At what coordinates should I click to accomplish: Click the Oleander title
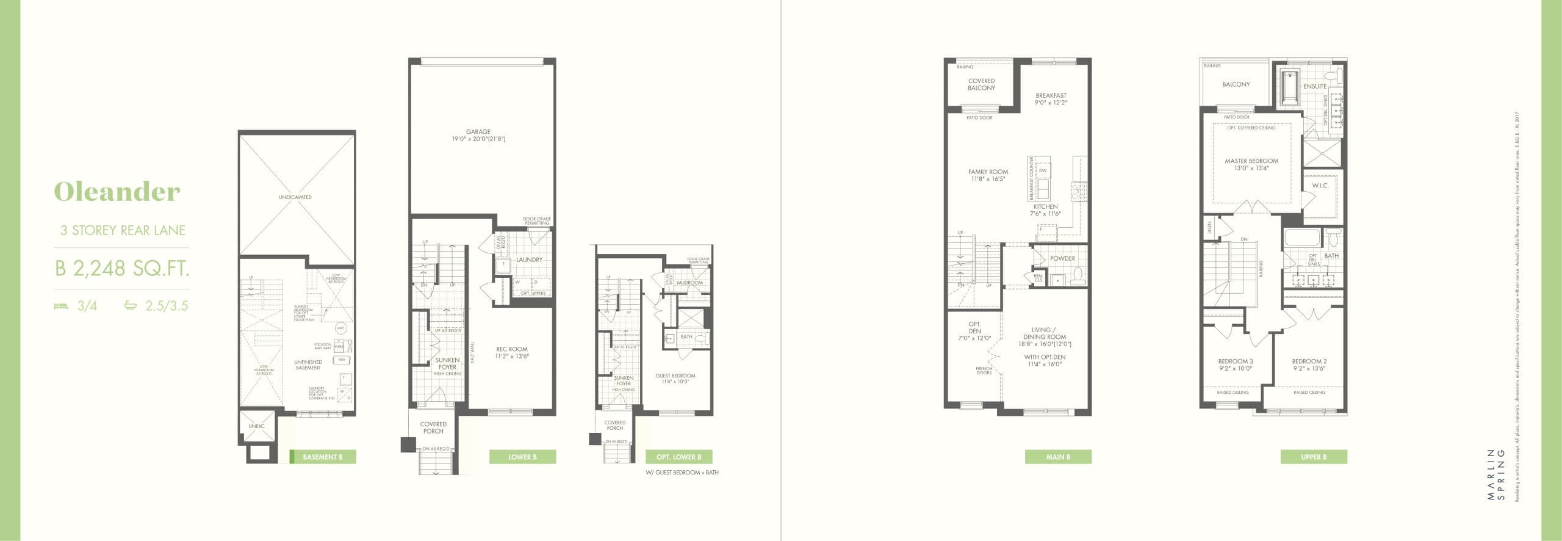pos(117,192)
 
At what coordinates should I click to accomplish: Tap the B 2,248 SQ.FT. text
pos(121,268)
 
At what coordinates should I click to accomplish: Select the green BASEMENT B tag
pos(322,457)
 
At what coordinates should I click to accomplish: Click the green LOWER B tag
pos(522,457)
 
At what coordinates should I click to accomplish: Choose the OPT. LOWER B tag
pos(678,457)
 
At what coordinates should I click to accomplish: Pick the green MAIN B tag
pos(1058,457)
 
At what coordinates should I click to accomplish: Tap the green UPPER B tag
pos(1314,457)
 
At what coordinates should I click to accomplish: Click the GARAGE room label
pos(478,132)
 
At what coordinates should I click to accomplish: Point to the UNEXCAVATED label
pos(295,197)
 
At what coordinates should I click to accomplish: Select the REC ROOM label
pos(513,349)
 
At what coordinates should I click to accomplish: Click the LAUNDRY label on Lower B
pos(529,260)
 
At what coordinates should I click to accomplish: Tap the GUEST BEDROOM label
pos(675,376)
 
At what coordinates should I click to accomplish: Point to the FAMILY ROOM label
pos(988,172)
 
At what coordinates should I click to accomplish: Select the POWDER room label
pos(1062,258)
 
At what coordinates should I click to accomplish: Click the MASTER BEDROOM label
pos(1251,161)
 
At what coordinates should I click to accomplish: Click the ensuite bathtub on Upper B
pos(1287,95)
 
